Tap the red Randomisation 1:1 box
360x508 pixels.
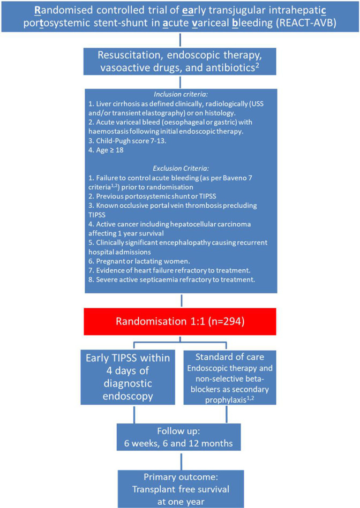click(x=181, y=321)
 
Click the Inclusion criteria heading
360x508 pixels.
click(x=181, y=92)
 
